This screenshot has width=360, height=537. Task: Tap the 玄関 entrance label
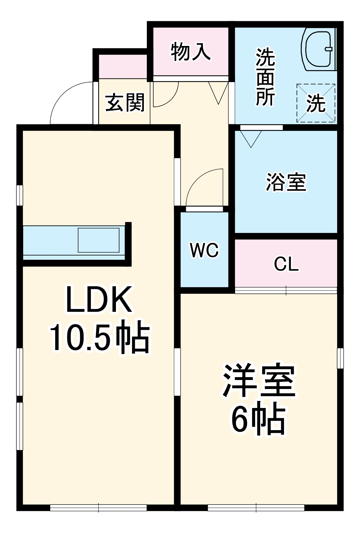pos(125,103)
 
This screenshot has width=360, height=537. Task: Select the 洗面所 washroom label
pos(265,77)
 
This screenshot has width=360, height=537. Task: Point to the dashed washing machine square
pos(316,103)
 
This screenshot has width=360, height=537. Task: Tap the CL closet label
pos(286,264)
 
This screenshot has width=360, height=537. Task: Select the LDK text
pos(99,300)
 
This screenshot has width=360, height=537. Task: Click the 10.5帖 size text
pos(99,338)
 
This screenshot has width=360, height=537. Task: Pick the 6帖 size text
pos(259,420)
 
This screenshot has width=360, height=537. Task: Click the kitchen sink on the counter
pos(99,240)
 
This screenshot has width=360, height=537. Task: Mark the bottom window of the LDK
pos(99,508)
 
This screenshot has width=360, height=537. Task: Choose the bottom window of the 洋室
pos(256,508)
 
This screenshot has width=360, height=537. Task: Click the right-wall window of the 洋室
pos(340,358)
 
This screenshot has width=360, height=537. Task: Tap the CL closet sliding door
pos(286,290)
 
